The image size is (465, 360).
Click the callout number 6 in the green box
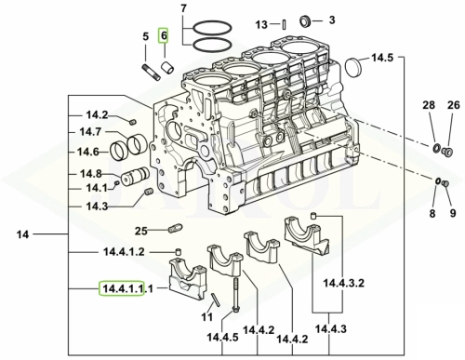click(x=164, y=35)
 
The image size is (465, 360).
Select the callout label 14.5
click(x=382, y=58)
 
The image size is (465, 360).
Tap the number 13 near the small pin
click(x=261, y=24)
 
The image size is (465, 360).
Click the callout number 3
click(x=332, y=20)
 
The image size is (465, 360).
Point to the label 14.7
click(x=90, y=132)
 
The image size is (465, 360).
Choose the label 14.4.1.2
click(x=124, y=252)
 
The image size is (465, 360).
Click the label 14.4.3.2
click(x=344, y=283)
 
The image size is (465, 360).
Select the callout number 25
click(x=141, y=231)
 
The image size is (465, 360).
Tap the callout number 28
click(x=429, y=105)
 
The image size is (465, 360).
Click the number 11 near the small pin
click(x=207, y=317)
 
